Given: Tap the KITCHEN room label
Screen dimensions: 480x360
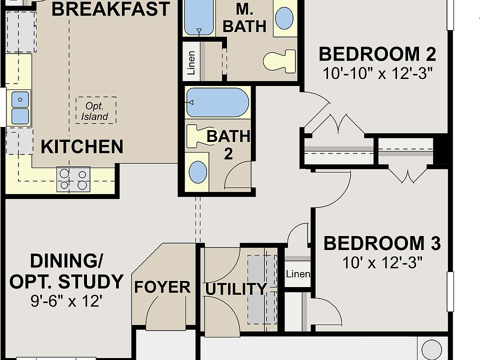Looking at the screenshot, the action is (x=82, y=146).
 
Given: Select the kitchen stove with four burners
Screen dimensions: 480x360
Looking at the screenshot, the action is (x=73, y=179).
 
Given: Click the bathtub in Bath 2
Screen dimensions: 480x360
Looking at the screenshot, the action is (x=217, y=102).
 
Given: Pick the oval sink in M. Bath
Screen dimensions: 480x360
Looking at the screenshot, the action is (x=284, y=18).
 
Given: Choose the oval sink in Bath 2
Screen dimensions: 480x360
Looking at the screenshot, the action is (x=198, y=172).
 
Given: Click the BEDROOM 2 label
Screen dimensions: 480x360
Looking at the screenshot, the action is (x=377, y=54).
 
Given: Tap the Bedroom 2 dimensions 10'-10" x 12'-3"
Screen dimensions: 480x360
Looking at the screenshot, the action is (x=378, y=73).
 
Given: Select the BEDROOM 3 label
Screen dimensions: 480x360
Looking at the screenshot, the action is (x=382, y=243).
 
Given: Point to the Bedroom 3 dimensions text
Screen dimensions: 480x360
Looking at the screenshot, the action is (x=382, y=262).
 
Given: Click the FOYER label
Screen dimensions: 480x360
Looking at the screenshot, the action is (x=162, y=287).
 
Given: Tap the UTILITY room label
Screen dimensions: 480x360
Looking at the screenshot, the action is (x=235, y=288).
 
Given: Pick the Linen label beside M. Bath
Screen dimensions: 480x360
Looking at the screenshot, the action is (x=191, y=63).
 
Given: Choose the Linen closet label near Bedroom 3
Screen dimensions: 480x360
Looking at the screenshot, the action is (x=298, y=273).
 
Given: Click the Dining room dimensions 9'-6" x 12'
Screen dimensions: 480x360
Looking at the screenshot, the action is (x=66, y=301).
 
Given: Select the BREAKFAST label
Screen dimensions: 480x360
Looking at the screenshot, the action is (x=110, y=8).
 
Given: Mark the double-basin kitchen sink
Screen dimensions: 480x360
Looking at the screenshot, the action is (x=20, y=107).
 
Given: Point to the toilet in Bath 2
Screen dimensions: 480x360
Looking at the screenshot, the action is (x=198, y=136).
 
